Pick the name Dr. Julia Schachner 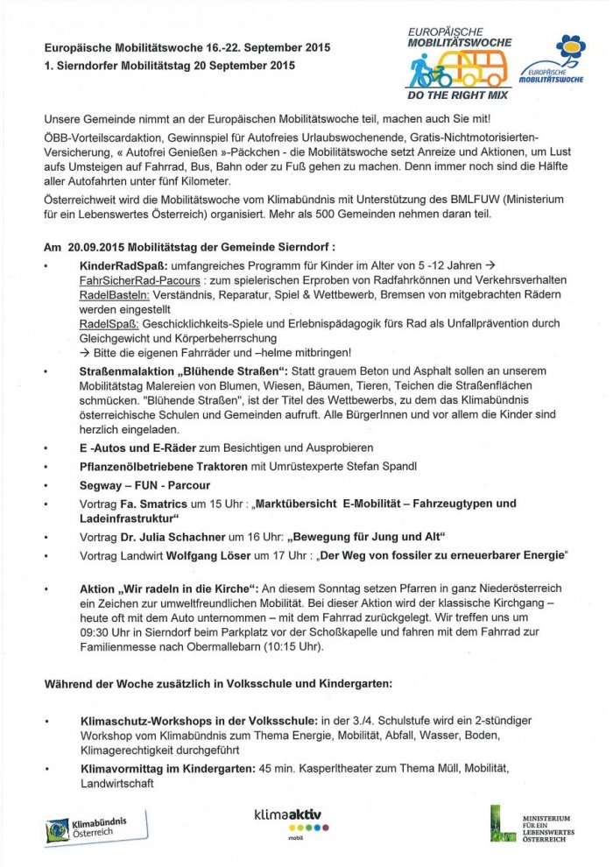coord(161,536)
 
